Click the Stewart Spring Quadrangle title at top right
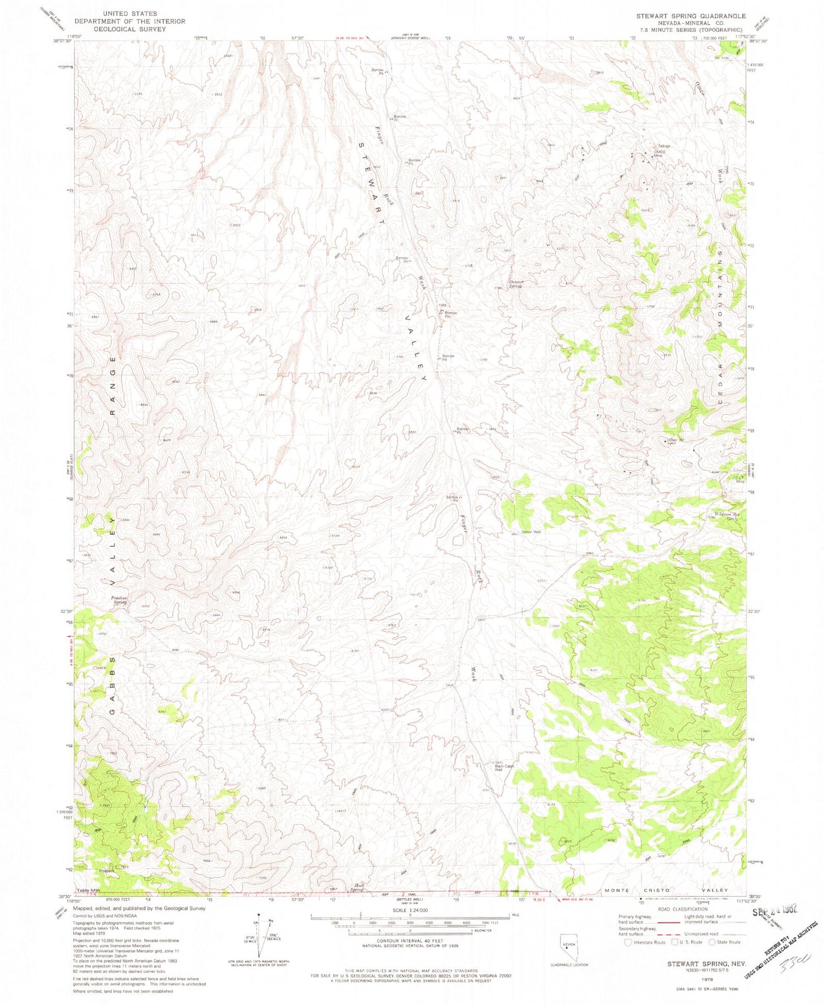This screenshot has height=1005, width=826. (691, 16)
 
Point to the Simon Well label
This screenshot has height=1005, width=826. (531, 532)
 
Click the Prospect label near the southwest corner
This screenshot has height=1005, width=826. (106, 871)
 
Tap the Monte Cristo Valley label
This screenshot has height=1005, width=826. (666, 890)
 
